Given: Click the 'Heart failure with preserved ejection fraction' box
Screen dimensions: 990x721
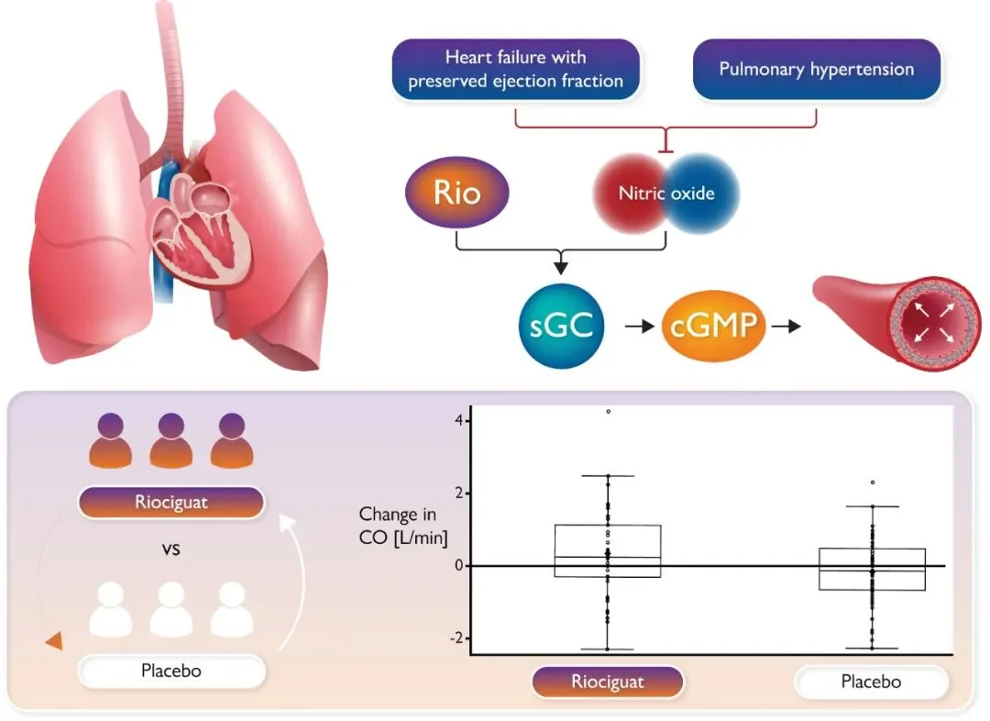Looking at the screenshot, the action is (516, 69).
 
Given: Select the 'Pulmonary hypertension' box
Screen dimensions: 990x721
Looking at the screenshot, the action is (817, 69).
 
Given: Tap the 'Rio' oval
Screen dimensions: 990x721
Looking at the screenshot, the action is (457, 192).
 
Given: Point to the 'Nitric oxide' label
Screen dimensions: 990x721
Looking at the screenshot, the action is (666, 193).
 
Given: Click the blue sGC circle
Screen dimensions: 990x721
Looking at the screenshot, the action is (561, 326).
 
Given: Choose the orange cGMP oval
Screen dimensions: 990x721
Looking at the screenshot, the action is (713, 326).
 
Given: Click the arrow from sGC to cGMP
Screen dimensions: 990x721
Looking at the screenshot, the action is (639, 326).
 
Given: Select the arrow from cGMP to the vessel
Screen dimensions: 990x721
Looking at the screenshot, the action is (786, 326).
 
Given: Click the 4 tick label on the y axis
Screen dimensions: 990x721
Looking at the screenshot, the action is (459, 420).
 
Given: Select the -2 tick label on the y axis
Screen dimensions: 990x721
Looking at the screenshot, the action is (457, 638).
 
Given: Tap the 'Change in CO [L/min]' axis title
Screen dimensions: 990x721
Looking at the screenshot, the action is (402, 526).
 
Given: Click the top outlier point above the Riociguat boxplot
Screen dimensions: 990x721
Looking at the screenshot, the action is (608, 411).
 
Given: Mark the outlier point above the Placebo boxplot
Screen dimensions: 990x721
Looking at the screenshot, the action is (873, 483).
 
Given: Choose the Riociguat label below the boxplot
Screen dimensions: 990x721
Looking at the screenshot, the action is (608, 682).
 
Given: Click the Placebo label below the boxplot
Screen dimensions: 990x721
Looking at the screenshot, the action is (872, 682).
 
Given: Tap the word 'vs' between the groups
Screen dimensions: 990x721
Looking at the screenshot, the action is (171, 549).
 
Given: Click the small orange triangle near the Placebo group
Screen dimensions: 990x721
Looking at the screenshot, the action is (55, 641).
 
